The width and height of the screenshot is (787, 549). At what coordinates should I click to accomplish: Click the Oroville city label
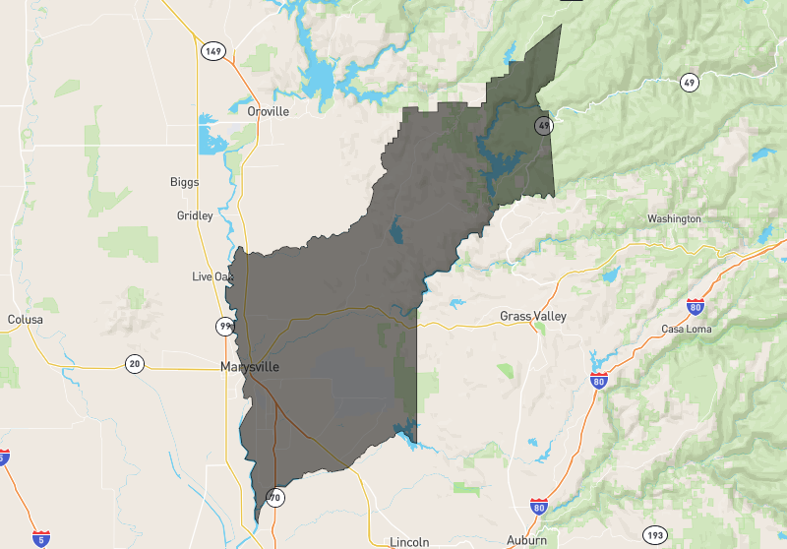(268, 111)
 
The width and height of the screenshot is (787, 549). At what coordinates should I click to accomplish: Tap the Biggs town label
(184, 182)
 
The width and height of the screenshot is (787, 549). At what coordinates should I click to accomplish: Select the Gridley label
(194, 215)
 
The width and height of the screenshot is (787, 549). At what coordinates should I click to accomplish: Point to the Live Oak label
(212, 276)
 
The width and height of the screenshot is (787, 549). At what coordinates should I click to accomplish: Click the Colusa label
(25, 320)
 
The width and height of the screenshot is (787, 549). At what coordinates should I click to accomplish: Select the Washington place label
(674, 218)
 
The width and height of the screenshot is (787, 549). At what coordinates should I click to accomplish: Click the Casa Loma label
(686, 329)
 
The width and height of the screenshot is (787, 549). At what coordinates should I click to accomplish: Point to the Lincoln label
(409, 542)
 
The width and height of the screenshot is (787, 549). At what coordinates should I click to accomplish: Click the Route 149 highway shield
(212, 50)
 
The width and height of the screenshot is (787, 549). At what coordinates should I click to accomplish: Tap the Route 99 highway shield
(225, 326)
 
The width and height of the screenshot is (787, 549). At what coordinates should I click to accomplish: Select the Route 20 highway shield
(135, 364)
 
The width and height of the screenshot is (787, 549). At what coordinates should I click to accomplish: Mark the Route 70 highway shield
(274, 498)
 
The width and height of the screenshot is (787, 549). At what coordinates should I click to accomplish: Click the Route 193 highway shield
(655, 535)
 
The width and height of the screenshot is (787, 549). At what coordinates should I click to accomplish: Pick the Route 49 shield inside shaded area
(543, 126)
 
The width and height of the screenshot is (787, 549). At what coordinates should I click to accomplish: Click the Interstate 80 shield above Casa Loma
(696, 306)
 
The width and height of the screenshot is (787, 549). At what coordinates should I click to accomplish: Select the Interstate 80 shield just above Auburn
(538, 507)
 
